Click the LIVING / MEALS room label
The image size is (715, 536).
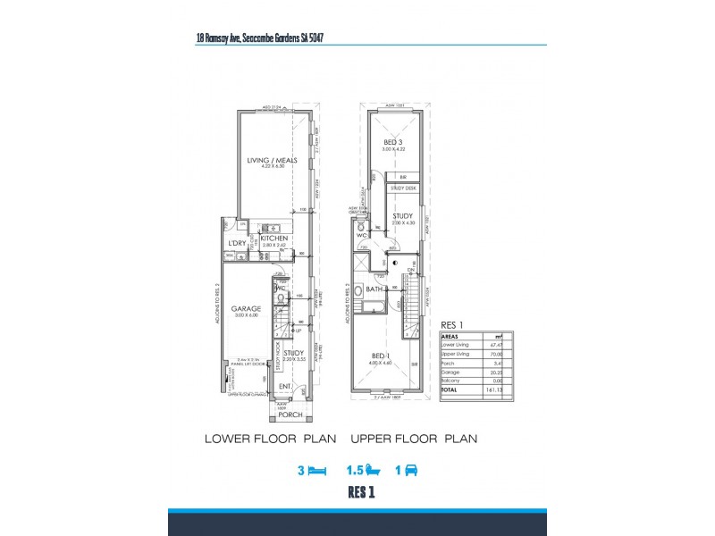click(x=272, y=160)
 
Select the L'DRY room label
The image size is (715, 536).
click(x=237, y=243)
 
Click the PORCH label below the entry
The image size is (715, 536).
click(x=290, y=414)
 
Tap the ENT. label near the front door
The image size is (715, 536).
click(x=285, y=387)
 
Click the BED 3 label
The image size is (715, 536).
click(x=392, y=142)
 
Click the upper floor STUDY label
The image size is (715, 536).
click(x=402, y=215)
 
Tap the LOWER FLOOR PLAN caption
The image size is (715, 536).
click(x=270, y=439)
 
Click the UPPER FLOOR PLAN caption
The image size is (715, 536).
click(x=413, y=439)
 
